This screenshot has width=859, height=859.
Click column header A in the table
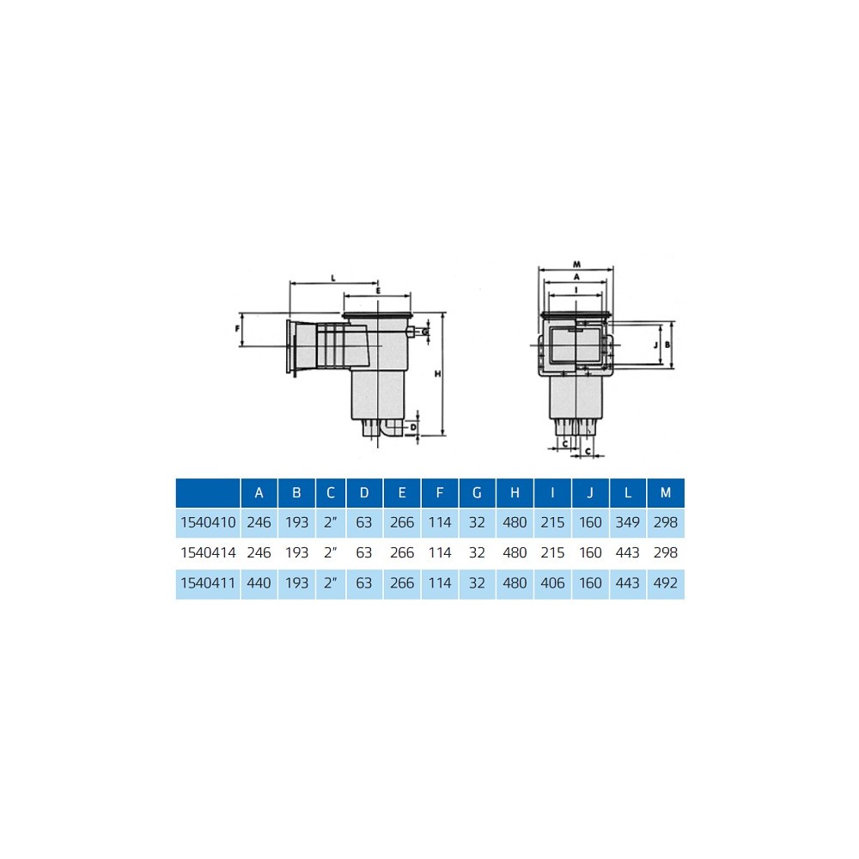[259, 492]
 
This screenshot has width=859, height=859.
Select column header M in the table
[666, 492]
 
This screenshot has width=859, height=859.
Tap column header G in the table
[477, 492]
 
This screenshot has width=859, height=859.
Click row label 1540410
[208, 522]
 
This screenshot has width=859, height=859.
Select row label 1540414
[208, 552]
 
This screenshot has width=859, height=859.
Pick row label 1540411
[208, 583]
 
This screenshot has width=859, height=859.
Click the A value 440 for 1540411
[259, 583]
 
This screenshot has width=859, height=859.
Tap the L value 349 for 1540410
[628, 522]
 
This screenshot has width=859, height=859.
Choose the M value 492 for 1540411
[666, 583]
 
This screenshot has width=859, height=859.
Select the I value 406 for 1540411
[552, 583]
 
